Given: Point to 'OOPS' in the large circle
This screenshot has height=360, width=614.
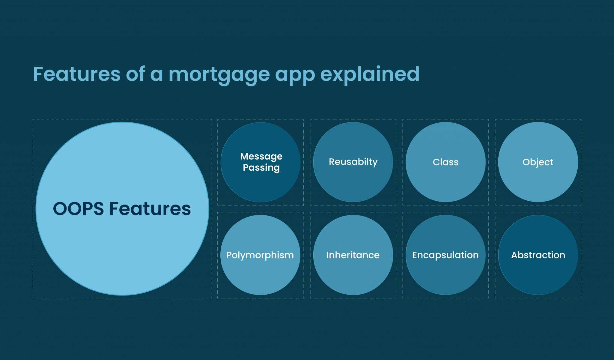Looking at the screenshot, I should coord(78,209).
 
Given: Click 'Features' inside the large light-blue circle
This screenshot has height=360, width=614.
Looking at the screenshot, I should coord(150,209).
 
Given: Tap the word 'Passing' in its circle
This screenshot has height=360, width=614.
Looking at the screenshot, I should coord(261,168).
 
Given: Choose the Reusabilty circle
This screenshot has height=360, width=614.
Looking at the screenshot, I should coord(353,180).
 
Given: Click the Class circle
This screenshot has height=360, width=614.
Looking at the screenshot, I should coord(446,180).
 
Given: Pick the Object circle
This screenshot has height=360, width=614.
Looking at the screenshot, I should coord(538,180).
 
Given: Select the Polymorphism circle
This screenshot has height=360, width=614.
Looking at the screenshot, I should coord(260,273).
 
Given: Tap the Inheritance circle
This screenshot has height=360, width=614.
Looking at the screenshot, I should coord(353,273).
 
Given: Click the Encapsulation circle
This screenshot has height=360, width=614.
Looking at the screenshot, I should coord(446,273).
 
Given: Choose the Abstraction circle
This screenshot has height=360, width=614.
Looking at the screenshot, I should coord(538,273).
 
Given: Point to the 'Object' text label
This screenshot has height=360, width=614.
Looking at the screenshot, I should coord(538,162).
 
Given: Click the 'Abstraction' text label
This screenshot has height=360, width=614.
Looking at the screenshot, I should coord(538,255).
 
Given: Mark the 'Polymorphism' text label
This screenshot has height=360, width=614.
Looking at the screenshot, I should coord(260,255).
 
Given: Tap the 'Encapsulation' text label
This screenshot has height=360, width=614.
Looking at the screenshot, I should coord(446,255).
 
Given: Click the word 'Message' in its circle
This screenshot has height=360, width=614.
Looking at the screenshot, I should coord(261,156).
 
